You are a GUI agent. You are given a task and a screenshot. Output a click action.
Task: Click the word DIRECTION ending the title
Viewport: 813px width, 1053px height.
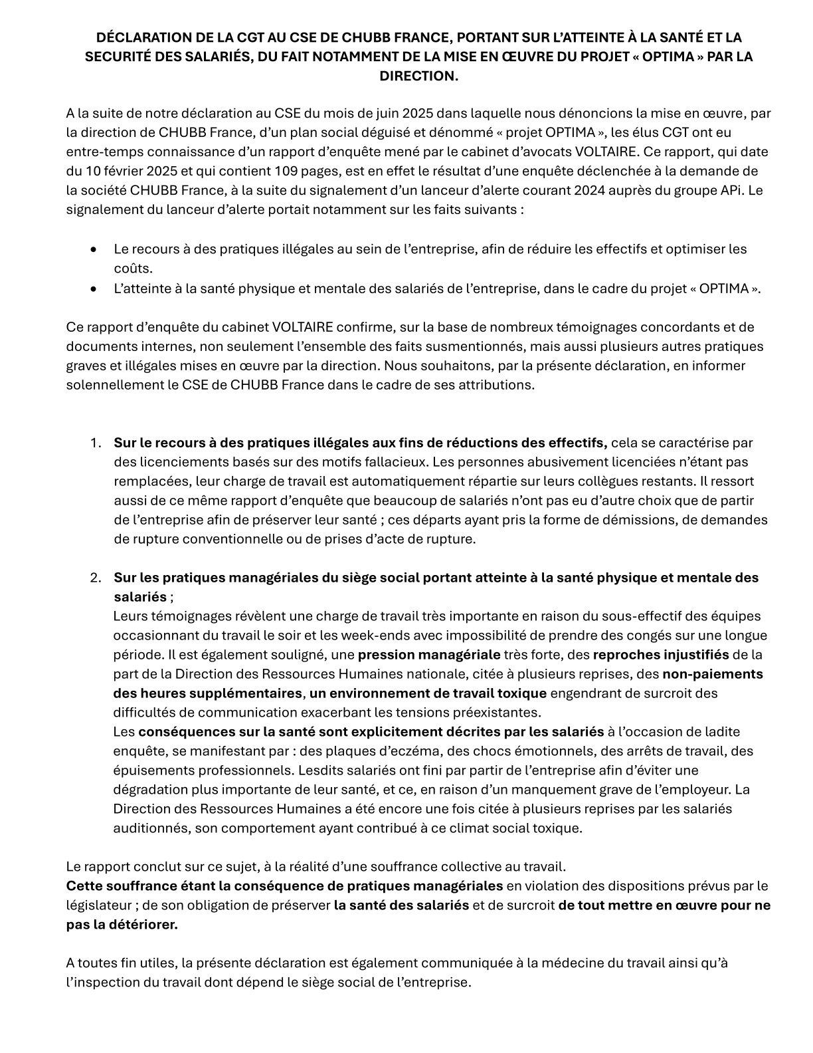coord(418,76)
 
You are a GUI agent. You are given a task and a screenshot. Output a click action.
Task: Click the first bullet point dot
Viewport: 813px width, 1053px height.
coord(94,250)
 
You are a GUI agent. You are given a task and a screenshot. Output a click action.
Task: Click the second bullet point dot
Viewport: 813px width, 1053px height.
coord(94,289)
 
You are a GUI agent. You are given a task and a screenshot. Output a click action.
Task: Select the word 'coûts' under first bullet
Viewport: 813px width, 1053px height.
coord(132,269)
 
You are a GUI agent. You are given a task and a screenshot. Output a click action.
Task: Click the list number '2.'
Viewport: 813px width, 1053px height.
coord(96,578)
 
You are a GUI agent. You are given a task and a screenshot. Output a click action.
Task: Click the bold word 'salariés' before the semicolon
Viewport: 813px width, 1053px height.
coord(139,598)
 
